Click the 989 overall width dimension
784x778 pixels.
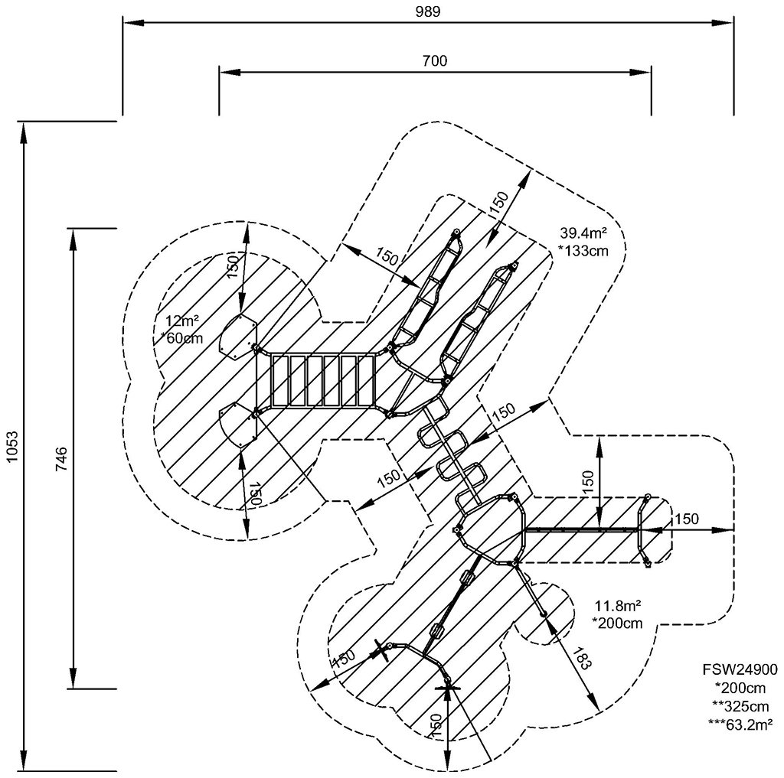[x=428, y=11]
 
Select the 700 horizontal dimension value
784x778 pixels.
[x=434, y=60]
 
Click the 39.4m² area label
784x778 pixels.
[x=583, y=233]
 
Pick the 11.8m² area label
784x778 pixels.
[x=616, y=606]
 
